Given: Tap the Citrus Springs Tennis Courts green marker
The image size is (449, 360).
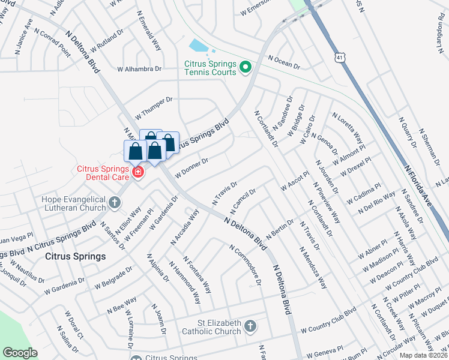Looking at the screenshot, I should [x=245, y=68].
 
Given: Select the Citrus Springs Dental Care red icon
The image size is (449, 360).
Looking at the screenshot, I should [x=138, y=173].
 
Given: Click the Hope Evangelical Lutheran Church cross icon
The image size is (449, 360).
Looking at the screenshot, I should [x=115, y=201].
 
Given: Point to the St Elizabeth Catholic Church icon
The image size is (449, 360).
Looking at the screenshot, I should [x=250, y=327].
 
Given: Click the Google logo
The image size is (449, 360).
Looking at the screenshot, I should [x=20, y=353].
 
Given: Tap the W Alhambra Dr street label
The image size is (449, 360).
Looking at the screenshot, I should [x=139, y=70].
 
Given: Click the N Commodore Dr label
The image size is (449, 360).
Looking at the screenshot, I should [x=246, y=265].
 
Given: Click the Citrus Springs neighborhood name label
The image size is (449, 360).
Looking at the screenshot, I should [x=76, y=256].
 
